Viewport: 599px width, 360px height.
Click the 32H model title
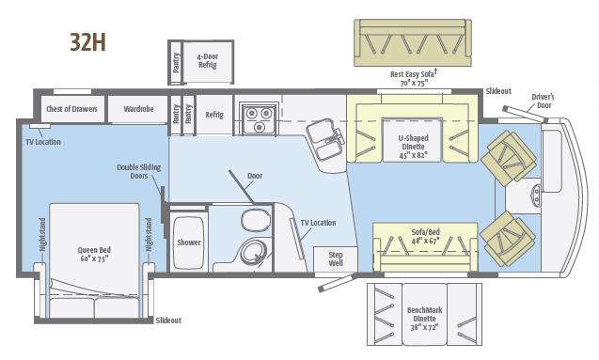(86, 42)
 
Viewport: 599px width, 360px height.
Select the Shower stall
(188, 242)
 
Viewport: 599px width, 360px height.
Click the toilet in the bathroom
(253, 222)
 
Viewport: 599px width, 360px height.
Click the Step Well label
(335, 258)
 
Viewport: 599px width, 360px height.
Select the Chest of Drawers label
(72, 109)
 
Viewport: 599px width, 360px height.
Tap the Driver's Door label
(544, 100)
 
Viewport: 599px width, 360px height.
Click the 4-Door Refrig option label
(207, 60)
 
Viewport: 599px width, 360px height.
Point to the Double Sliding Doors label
(132, 171)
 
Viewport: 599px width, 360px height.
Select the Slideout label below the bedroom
(168, 321)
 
